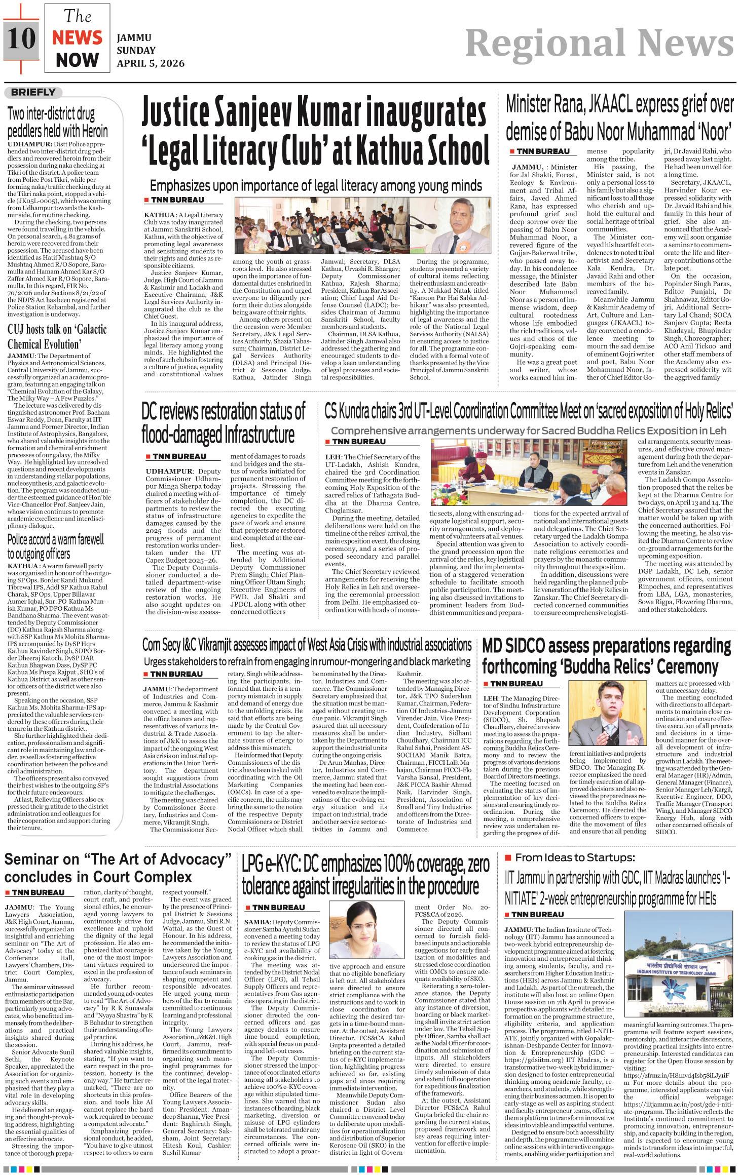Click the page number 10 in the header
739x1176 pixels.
click(22, 39)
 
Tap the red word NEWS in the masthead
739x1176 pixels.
click(77, 38)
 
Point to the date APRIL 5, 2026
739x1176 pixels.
click(151, 63)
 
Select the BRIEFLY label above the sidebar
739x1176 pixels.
click(33, 92)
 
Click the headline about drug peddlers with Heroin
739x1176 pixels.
click(57, 122)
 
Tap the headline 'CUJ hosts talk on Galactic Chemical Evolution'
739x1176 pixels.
click(57, 336)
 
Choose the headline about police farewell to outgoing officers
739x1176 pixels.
click(56, 546)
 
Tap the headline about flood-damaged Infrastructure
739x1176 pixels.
click(224, 422)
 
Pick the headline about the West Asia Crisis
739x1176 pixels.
click(307, 645)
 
